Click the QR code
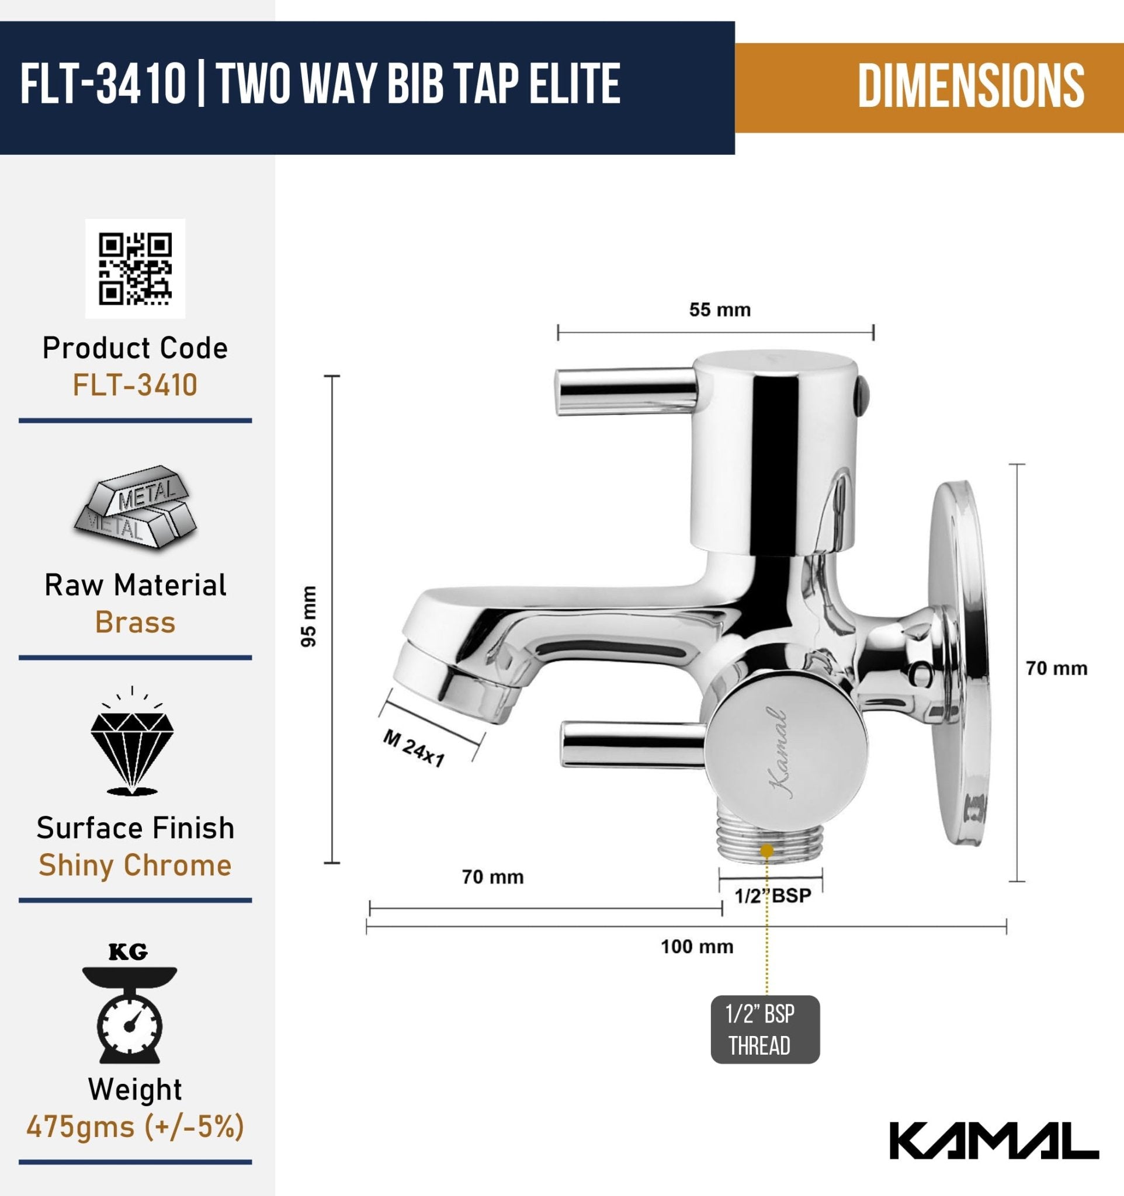pyautogui.click(x=136, y=268)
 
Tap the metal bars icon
pyautogui.click(x=136, y=506)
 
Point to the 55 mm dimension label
pyautogui.click(x=720, y=311)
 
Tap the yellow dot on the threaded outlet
pyautogui.click(x=766, y=851)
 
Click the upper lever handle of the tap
pyautogui.click(x=626, y=392)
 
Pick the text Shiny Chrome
pyautogui.click(x=136, y=865)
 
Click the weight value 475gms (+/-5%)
pyautogui.click(x=136, y=1127)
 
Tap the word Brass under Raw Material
pyautogui.click(x=136, y=623)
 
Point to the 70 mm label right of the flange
pyautogui.click(x=1057, y=669)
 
